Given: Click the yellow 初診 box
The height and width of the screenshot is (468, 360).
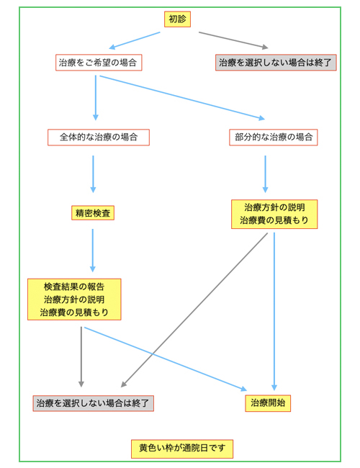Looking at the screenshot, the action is (x=177, y=19).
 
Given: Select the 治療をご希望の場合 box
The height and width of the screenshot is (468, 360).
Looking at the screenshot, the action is (x=99, y=63).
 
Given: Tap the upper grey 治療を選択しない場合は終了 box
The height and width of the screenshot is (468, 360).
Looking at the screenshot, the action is (x=276, y=63).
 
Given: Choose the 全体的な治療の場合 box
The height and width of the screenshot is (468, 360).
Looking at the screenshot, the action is (x=99, y=138).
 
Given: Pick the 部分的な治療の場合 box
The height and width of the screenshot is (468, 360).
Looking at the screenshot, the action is (x=274, y=138).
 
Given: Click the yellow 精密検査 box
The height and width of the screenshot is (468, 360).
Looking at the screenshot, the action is (x=93, y=213).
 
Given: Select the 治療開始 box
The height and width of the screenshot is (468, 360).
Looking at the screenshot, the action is (x=268, y=403).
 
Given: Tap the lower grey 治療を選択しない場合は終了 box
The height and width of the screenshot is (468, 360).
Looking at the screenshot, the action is (x=93, y=403).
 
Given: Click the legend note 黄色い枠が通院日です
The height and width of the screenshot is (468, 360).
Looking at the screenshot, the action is (x=182, y=449).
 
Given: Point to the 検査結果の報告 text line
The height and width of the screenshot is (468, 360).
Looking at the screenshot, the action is (x=74, y=287).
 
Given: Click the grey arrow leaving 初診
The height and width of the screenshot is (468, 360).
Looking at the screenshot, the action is (x=233, y=40).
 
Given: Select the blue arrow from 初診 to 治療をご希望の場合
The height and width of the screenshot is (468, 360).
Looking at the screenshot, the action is (x=135, y=40).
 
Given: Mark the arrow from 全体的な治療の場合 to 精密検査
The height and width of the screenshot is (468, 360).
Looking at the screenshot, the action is (x=93, y=174).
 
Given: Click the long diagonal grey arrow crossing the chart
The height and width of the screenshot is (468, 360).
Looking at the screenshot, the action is (x=194, y=310).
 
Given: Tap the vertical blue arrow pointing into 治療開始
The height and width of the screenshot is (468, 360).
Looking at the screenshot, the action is (x=274, y=311).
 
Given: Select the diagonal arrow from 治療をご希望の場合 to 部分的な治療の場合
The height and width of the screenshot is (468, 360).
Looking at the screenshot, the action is (x=182, y=98).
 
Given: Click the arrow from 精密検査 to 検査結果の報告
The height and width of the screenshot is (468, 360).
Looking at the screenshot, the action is (x=93, y=251).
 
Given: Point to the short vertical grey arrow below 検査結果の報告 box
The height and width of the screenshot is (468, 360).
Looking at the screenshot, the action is (x=81, y=356).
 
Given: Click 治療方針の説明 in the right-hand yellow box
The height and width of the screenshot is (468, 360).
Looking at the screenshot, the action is (x=274, y=207).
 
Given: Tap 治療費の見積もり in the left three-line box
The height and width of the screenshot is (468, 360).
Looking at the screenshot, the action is (x=74, y=312).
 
